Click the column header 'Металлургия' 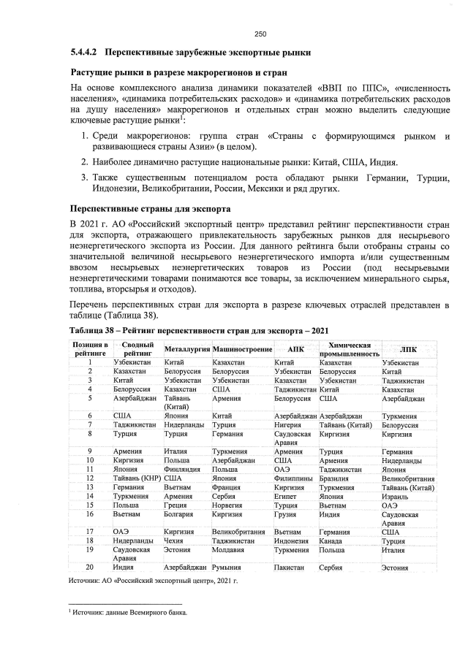(x=186, y=348)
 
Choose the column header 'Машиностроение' (x=241, y=348)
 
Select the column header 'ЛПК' (x=407, y=348)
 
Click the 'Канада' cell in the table (x=332, y=540)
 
